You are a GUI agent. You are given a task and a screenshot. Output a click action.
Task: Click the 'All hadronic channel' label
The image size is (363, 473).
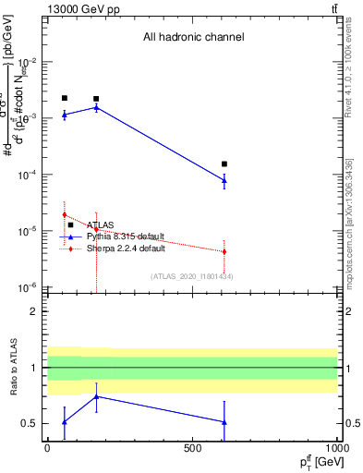coord(193,38)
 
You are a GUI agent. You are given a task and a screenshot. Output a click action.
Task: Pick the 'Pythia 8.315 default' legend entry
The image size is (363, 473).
coord(126,236)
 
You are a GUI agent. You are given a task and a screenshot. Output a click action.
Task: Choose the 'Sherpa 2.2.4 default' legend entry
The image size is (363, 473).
coord(126,249)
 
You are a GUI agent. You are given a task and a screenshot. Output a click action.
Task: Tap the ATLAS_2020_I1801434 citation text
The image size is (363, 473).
coord(192,276)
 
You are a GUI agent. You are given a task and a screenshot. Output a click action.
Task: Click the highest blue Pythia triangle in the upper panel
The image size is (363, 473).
coord(96,107)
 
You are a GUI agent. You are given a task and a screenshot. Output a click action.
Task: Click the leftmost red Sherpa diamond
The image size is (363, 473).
coord(64,214)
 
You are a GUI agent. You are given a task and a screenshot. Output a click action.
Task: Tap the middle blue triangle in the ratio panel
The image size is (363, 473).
coord(96,396)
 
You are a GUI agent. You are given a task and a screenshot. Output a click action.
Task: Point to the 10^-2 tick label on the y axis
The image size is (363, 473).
coord(27,62)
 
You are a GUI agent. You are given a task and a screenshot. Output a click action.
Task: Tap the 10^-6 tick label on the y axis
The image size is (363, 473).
coord(27,287)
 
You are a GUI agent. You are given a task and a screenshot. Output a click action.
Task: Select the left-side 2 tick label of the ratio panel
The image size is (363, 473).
coord(33,311)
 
